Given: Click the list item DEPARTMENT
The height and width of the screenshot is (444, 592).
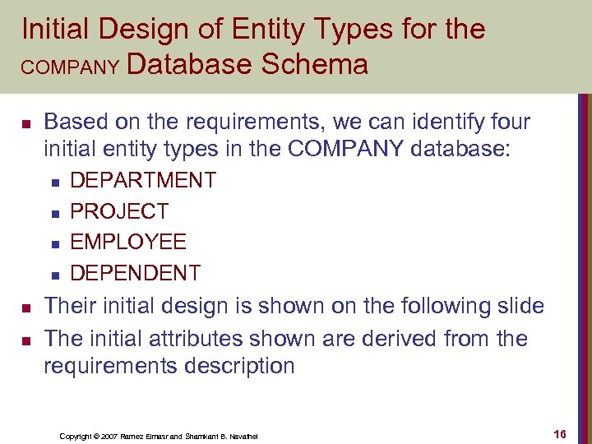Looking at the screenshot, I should tap(143, 180).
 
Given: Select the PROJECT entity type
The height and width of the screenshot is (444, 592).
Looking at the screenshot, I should tap(119, 211).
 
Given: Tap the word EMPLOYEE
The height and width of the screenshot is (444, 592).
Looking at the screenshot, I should tap(128, 243).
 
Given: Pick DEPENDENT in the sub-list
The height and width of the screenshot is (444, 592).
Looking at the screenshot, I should tap(136, 273).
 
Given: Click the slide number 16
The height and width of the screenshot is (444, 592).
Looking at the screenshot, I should tap(562, 434).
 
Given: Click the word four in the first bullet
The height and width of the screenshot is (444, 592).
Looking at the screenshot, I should tap(506, 123).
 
